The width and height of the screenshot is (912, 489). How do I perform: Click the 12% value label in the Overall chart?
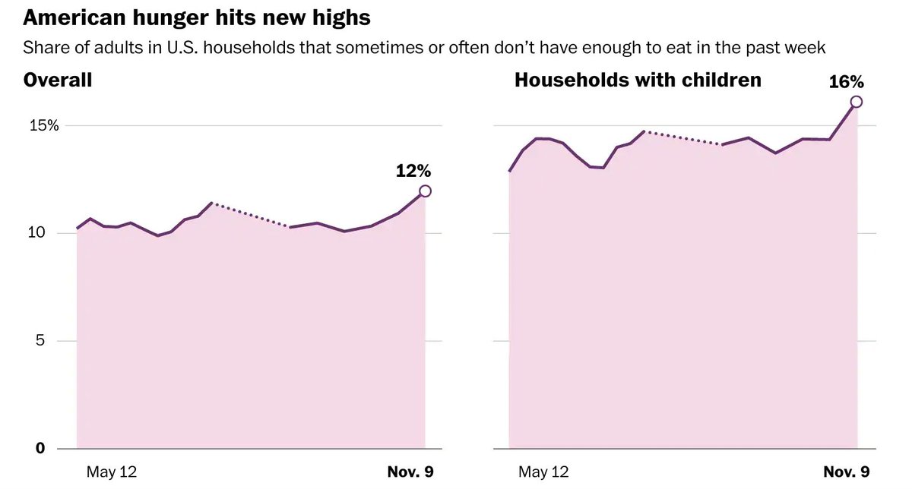point(413,171)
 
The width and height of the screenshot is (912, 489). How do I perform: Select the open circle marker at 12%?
point(425,191)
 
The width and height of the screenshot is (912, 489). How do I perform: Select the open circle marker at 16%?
point(857,102)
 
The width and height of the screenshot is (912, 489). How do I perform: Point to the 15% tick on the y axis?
point(44,125)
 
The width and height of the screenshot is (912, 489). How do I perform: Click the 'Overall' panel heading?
point(58,80)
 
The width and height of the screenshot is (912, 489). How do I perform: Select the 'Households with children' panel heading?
point(638,80)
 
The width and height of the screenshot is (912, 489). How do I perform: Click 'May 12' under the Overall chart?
point(112,472)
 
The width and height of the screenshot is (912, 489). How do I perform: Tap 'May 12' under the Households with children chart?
point(543,472)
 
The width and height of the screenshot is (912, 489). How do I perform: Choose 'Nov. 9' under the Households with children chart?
point(846,472)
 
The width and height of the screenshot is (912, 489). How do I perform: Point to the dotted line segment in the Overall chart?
point(251,215)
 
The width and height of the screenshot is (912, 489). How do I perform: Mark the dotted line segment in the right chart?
point(682,138)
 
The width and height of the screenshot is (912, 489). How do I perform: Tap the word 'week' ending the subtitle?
point(807,48)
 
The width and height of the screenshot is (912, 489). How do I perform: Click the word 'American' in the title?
point(71,17)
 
